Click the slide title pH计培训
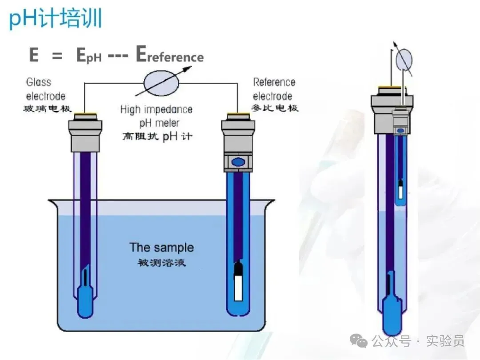[56, 18]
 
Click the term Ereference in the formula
[170, 55]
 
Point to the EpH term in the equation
[89, 56]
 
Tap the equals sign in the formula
[57, 56]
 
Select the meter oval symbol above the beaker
[162, 83]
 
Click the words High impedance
[156, 109]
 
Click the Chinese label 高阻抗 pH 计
[157, 136]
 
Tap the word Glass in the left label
[39, 82]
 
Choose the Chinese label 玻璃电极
[47, 108]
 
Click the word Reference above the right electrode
[274, 82]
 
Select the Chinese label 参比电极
[275, 108]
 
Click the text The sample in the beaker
[162, 248]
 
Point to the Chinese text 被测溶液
[162, 262]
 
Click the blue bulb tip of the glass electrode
[85, 301]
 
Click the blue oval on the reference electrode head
[238, 162]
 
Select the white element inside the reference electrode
[239, 287]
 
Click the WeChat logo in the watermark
[359, 341]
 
